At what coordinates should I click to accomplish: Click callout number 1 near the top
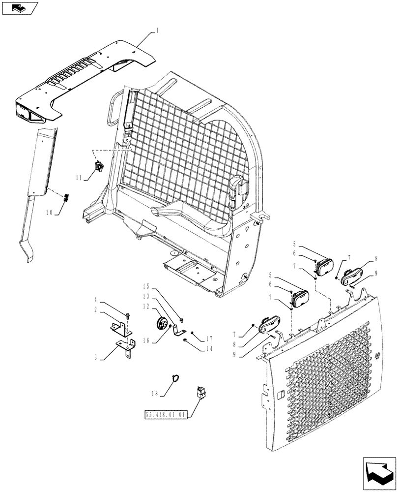point(157,30)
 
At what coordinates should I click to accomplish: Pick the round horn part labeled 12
point(160,325)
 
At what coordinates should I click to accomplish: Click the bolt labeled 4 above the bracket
point(127,316)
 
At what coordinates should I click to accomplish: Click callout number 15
point(145,286)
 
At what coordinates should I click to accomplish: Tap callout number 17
point(209,338)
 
